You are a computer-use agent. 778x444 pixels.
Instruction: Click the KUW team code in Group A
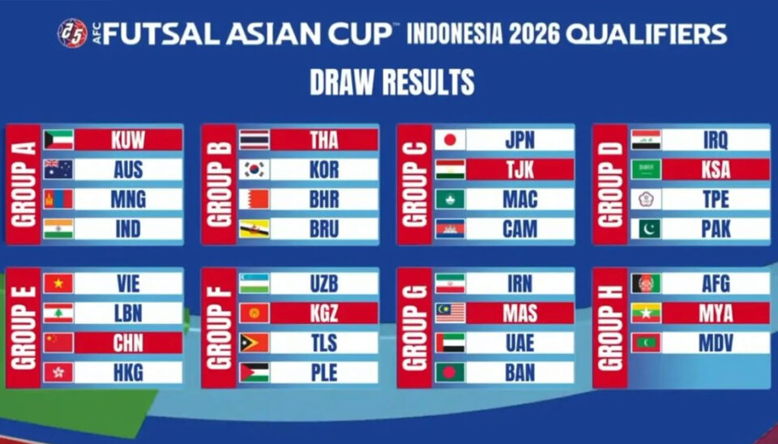[128, 140]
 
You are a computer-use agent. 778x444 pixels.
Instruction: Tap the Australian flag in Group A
[58, 169]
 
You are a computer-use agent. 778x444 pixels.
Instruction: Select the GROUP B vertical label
[219, 185]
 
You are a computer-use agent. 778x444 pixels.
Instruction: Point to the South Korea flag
[254, 169]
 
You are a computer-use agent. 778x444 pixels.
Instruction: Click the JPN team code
[519, 140]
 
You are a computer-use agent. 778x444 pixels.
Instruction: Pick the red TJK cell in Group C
[520, 169]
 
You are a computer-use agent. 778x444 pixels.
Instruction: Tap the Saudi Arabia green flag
[646, 169]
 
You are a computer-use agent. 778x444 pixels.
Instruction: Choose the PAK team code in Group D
[716, 229]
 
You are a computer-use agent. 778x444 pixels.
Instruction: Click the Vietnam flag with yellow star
[58, 284]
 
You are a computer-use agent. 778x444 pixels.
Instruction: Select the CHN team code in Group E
[128, 343]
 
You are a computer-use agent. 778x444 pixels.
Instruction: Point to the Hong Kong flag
[58, 373]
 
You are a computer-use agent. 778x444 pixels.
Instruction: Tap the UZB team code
[324, 284]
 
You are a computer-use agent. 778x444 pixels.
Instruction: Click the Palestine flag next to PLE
[254, 373]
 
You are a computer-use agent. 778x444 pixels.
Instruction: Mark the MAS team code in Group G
[520, 314]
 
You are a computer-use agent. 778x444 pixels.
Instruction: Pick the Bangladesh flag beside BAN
[450, 373]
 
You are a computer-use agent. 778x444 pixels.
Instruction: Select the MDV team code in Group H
[716, 344]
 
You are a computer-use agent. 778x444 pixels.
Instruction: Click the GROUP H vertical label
[610, 328]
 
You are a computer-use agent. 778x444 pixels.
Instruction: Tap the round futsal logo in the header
[72, 33]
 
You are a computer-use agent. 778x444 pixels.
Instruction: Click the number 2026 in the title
[534, 34]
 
